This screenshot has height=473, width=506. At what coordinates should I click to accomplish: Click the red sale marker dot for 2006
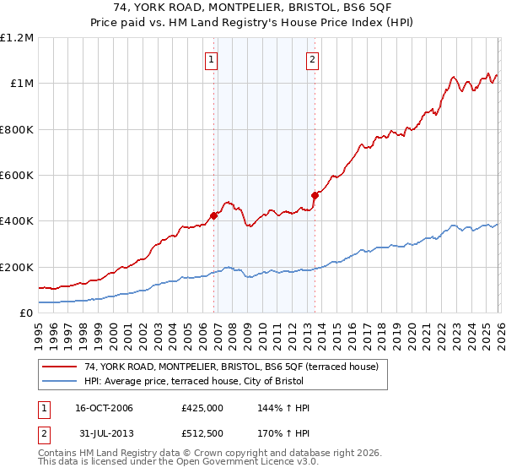click(x=214, y=215)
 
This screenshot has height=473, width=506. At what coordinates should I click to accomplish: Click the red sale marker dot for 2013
click(x=315, y=195)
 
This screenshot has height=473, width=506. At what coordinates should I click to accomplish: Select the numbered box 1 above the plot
click(x=210, y=59)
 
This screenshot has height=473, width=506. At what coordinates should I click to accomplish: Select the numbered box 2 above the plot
click(x=312, y=59)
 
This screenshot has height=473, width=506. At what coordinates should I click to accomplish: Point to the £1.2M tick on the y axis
click(x=17, y=38)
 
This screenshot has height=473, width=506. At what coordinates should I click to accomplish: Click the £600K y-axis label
click(x=17, y=176)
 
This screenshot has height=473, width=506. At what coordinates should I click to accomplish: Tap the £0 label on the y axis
click(x=25, y=313)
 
